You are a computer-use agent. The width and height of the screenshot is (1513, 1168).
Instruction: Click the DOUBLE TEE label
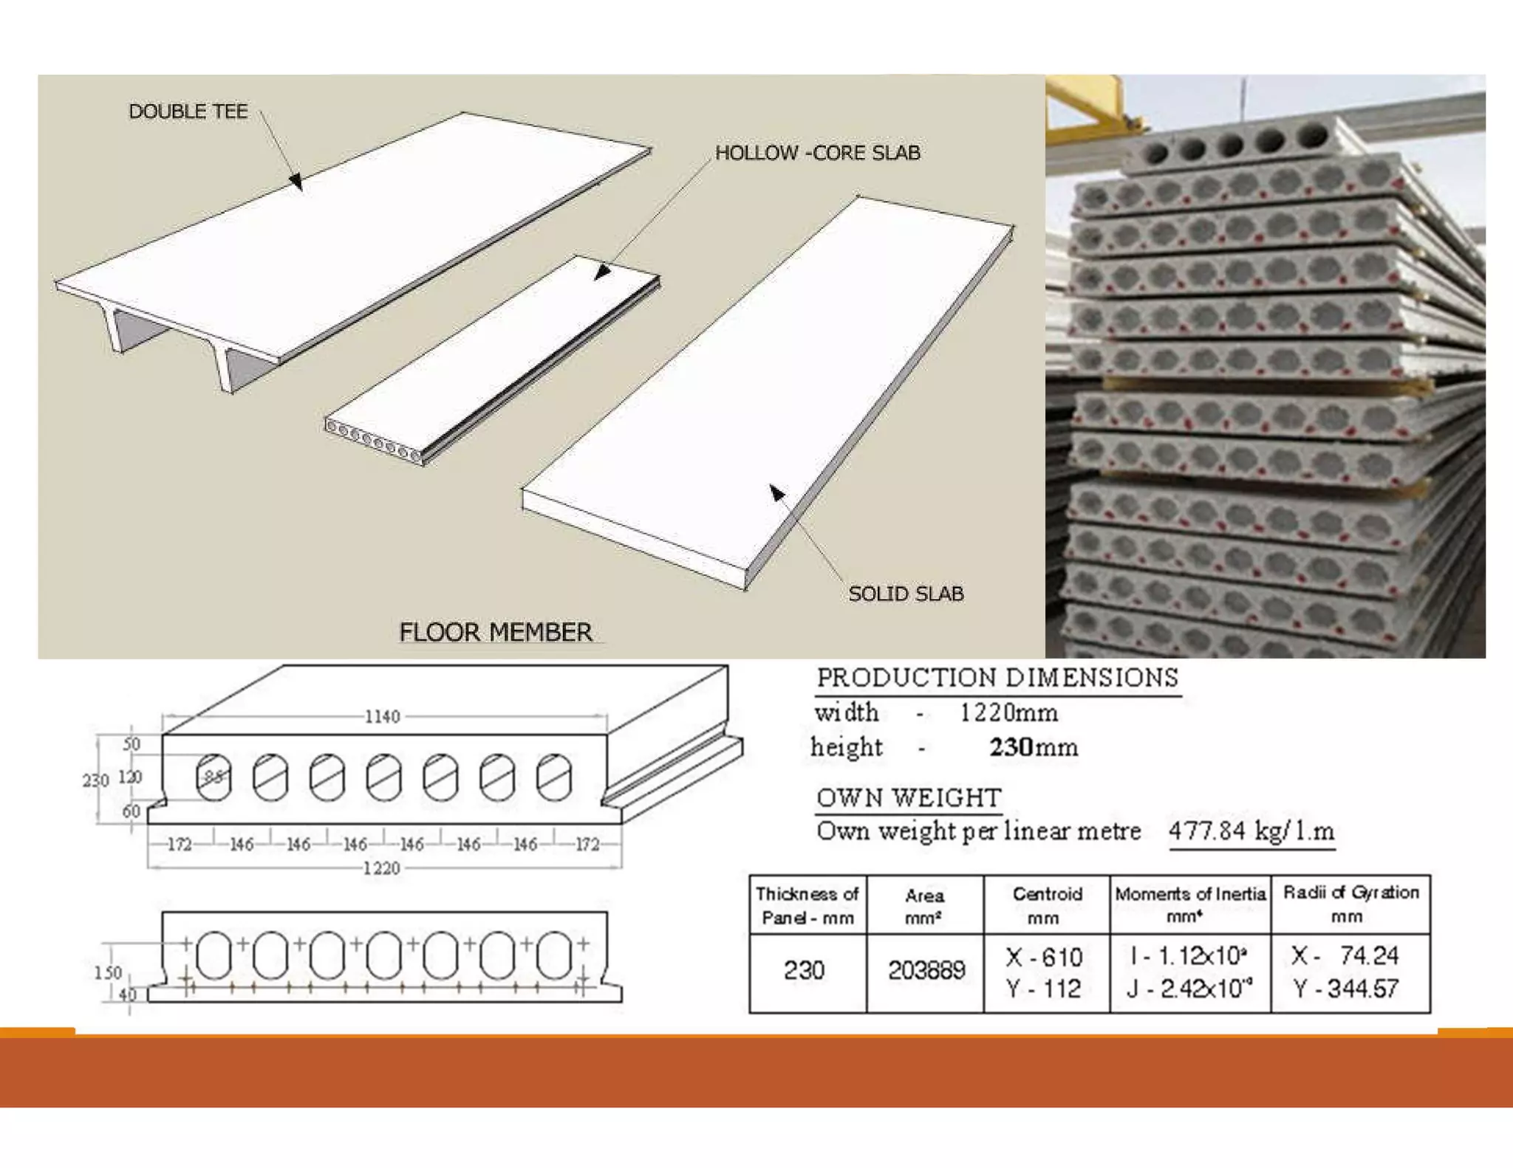coord(188,111)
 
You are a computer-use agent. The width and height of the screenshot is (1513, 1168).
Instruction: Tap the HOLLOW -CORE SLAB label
coord(817,153)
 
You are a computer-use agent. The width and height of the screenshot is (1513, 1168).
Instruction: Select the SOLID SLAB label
coord(906,594)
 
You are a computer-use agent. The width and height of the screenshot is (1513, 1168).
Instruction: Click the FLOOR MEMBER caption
coord(495,632)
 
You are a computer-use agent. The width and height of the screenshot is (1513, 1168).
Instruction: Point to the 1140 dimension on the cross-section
coord(382,716)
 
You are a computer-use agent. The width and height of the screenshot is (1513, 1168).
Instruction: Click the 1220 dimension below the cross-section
coord(381,868)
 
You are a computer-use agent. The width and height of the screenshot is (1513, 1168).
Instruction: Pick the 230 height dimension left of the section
coord(95,780)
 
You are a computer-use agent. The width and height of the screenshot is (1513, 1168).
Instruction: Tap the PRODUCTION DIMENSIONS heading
coord(997,678)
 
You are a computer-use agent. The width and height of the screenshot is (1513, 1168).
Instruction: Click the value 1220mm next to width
coord(1008,712)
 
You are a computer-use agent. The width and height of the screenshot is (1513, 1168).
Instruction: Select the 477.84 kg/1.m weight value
coord(1251,831)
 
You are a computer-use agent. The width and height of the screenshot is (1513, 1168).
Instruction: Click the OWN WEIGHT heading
coord(909,798)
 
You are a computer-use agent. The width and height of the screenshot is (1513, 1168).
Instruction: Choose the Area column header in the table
coord(924,906)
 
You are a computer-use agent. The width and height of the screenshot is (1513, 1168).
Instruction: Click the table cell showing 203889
coord(926,970)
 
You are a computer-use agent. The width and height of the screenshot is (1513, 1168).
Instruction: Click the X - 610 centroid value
coord(1044,958)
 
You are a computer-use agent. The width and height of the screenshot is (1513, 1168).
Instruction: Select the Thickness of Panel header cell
coord(807,906)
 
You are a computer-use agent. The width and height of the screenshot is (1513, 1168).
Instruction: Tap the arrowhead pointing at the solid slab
coord(776,492)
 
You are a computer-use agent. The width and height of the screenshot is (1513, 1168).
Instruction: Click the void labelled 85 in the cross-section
coord(214,777)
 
